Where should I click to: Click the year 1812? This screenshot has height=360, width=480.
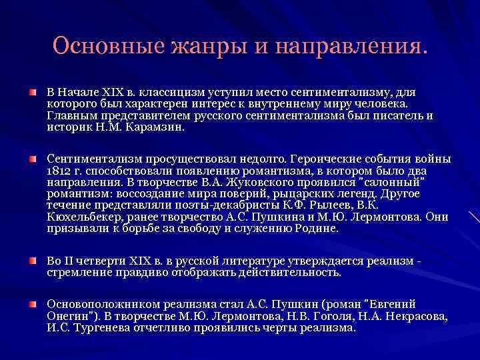59,170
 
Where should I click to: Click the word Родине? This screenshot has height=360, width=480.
319,228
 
